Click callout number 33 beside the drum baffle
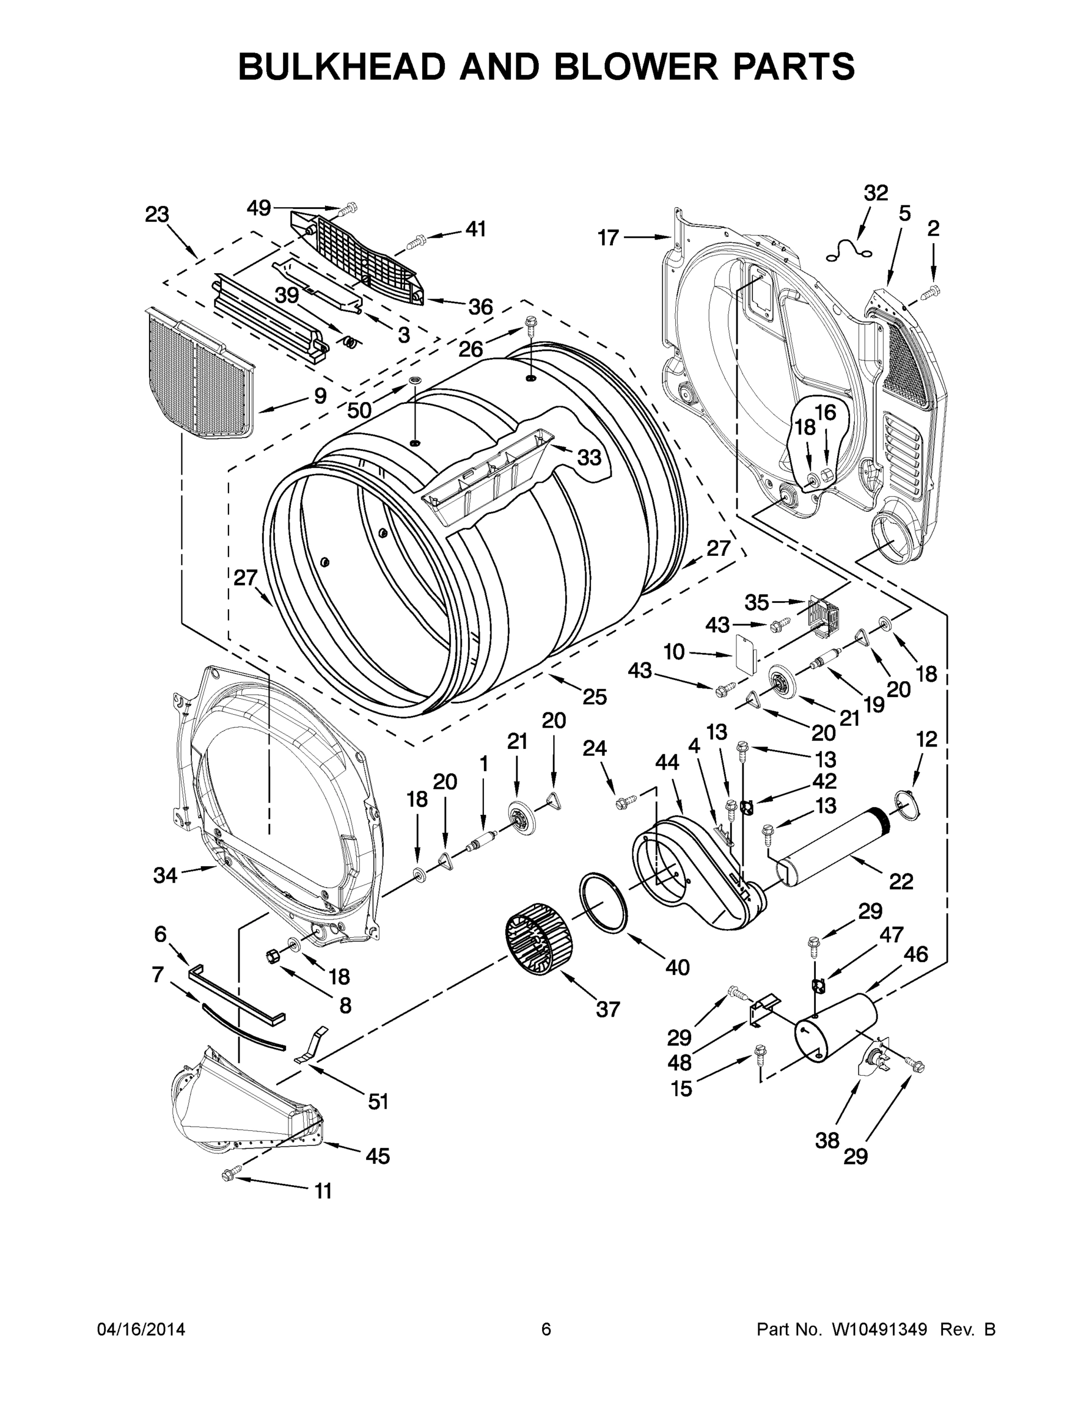(589, 457)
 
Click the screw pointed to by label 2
(931, 292)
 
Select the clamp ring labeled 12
(907, 803)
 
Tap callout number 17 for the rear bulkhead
(608, 238)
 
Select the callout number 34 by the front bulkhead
(165, 875)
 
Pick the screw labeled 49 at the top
(348, 208)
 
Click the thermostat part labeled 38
(874, 1060)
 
